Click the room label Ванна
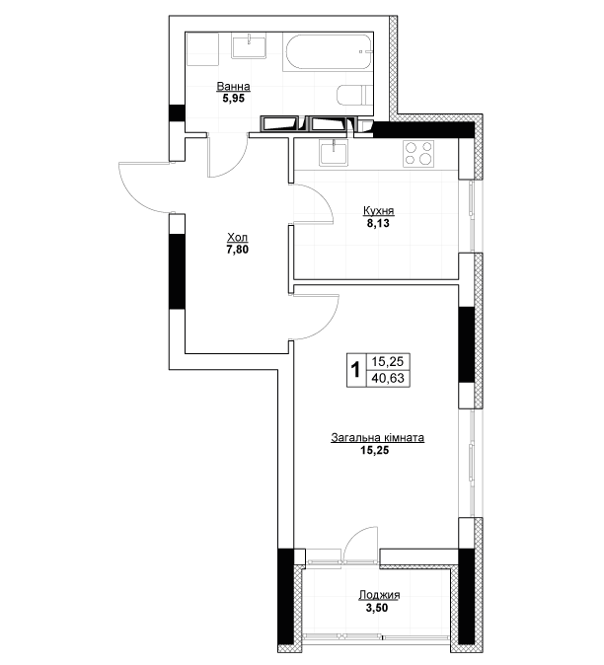click(x=233, y=87)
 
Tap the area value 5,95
click(x=234, y=99)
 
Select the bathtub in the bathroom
click(x=328, y=52)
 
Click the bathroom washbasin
click(x=249, y=46)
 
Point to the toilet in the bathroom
click(x=355, y=95)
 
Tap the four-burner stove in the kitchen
click(x=418, y=153)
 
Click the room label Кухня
click(x=379, y=211)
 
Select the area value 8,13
click(x=378, y=223)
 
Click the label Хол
click(x=238, y=237)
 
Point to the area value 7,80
click(x=238, y=250)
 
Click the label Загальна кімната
click(x=377, y=438)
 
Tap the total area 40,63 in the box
click(x=388, y=378)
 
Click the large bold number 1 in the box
click(x=356, y=369)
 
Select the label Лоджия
click(x=379, y=595)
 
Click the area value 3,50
click(x=377, y=608)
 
